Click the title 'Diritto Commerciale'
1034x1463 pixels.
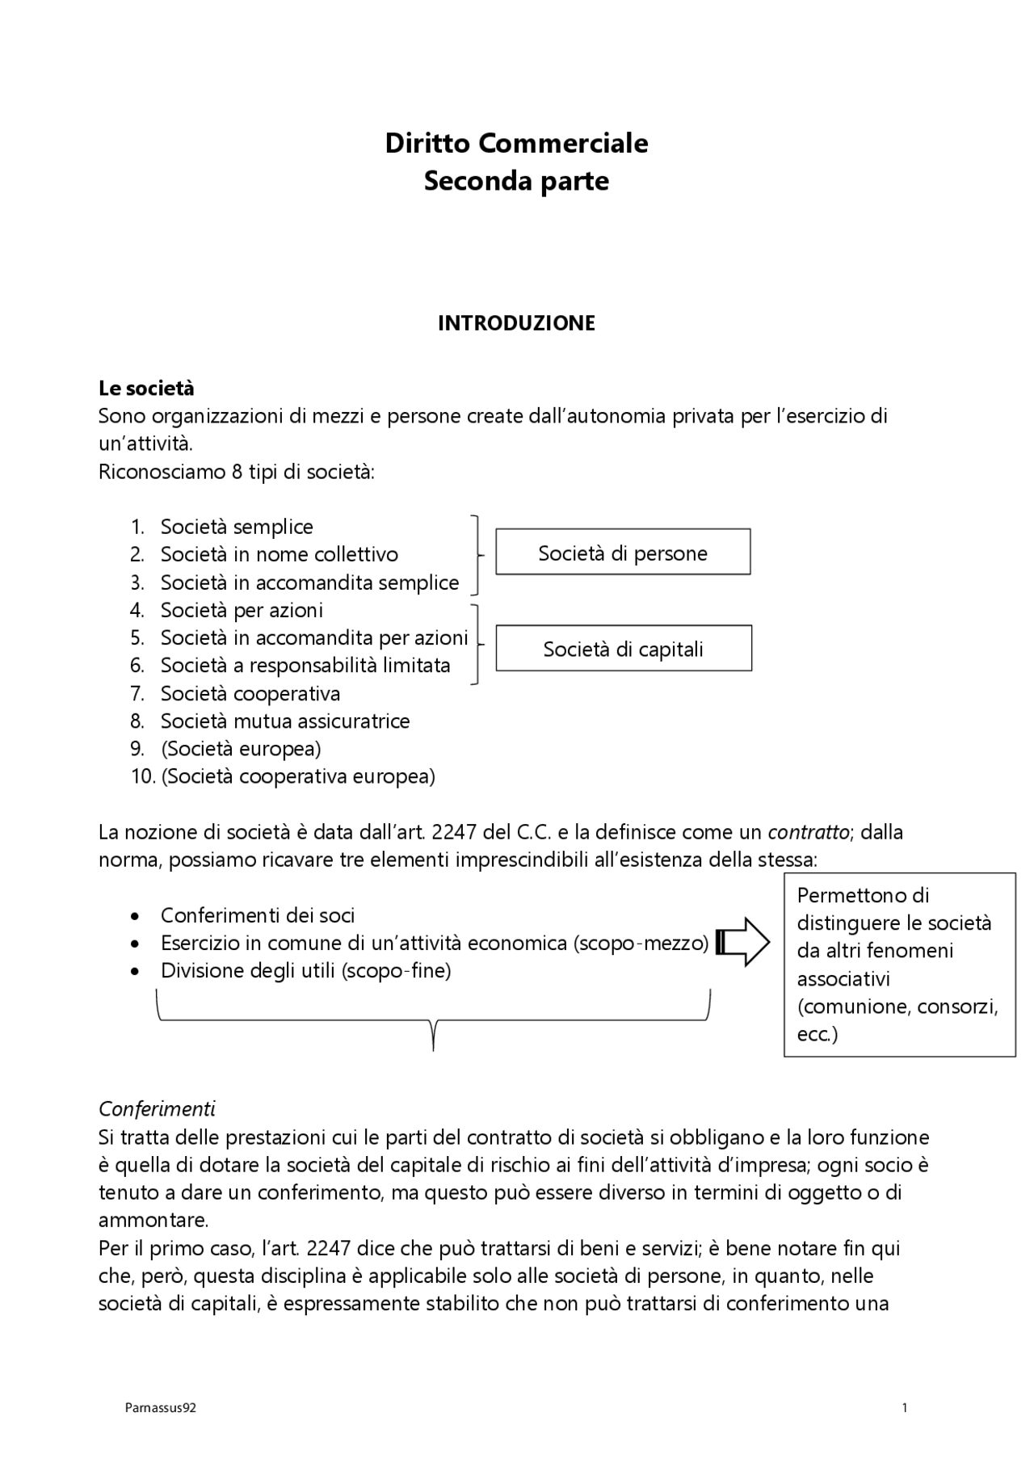click(x=516, y=143)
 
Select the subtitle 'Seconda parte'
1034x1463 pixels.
click(x=516, y=180)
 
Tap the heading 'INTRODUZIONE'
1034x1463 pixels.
click(x=516, y=323)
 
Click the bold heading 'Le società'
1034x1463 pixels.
click(x=146, y=389)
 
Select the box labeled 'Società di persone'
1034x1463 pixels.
click(x=623, y=553)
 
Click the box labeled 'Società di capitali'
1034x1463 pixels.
click(x=623, y=649)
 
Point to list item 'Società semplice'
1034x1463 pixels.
click(x=237, y=527)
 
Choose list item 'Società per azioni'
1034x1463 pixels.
click(x=242, y=610)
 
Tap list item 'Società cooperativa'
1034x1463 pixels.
click(x=250, y=693)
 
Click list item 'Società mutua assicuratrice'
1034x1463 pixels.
click(x=285, y=721)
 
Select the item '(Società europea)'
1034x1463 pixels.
click(x=241, y=748)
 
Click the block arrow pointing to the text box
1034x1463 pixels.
click(x=743, y=942)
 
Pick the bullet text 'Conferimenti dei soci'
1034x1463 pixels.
click(x=258, y=915)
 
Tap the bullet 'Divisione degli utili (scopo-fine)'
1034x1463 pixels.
click(x=305, y=970)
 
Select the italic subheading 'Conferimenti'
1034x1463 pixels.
click(x=157, y=1108)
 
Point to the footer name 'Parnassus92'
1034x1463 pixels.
click(x=161, y=1408)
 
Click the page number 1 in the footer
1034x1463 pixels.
click(x=905, y=1408)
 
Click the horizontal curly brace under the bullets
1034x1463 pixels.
click(x=434, y=1020)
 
